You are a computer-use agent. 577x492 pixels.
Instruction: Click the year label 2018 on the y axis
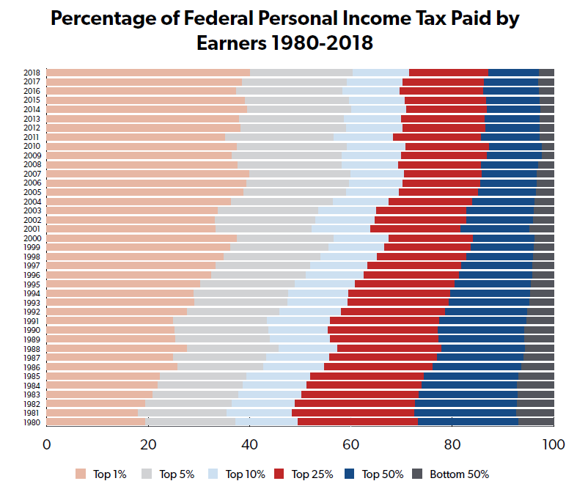32,73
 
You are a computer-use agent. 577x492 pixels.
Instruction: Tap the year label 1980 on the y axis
32,422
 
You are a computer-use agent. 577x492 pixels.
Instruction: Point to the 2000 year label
32,238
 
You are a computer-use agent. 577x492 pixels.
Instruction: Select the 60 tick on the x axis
350,444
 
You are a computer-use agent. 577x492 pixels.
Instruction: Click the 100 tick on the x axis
553,444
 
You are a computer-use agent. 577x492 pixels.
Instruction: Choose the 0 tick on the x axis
47,444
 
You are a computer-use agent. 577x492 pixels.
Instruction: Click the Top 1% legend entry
103,474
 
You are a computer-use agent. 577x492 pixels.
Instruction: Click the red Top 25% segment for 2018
448,73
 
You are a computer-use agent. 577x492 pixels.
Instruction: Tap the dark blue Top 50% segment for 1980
468,422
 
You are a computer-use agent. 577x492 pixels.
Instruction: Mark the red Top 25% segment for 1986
378,367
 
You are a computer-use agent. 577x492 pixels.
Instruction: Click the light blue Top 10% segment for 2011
363,137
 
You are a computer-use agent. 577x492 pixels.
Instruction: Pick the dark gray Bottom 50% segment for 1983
535,394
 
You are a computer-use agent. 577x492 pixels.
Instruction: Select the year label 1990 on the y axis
32,330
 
